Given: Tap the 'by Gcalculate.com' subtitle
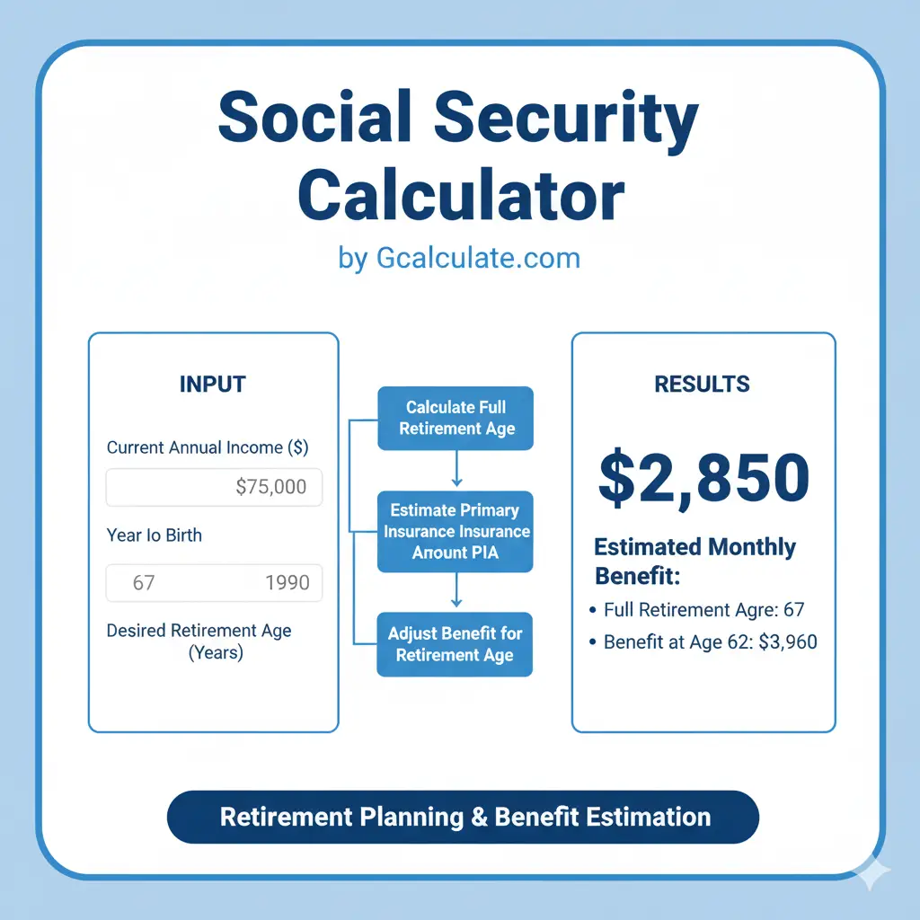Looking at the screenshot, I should click(460, 259).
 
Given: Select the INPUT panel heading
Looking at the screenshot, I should click(213, 385).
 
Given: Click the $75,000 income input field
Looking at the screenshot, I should click(214, 487).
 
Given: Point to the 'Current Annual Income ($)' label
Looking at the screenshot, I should click(208, 447).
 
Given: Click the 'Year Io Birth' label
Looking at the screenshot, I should click(155, 535).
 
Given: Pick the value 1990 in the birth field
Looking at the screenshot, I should click(287, 582).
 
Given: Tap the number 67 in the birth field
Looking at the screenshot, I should click(144, 582).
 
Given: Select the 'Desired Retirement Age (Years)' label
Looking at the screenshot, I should click(199, 641).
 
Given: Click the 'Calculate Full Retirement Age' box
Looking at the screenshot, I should click(456, 418).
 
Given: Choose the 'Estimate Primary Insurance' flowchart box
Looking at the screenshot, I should click(456, 531).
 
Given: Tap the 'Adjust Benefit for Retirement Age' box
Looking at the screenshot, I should click(456, 644).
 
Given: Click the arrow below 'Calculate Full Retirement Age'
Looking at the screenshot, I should click(456, 469).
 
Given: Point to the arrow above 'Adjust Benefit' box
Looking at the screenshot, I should click(456, 590).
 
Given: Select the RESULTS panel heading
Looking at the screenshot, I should click(703, 385).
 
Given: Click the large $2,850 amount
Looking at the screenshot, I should click(703, 479).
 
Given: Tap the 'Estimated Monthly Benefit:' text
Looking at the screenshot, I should click(694, 560).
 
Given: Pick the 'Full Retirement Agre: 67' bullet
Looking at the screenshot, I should click(703, 610).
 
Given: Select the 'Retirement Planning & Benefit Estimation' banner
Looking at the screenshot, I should click(464, 817).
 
